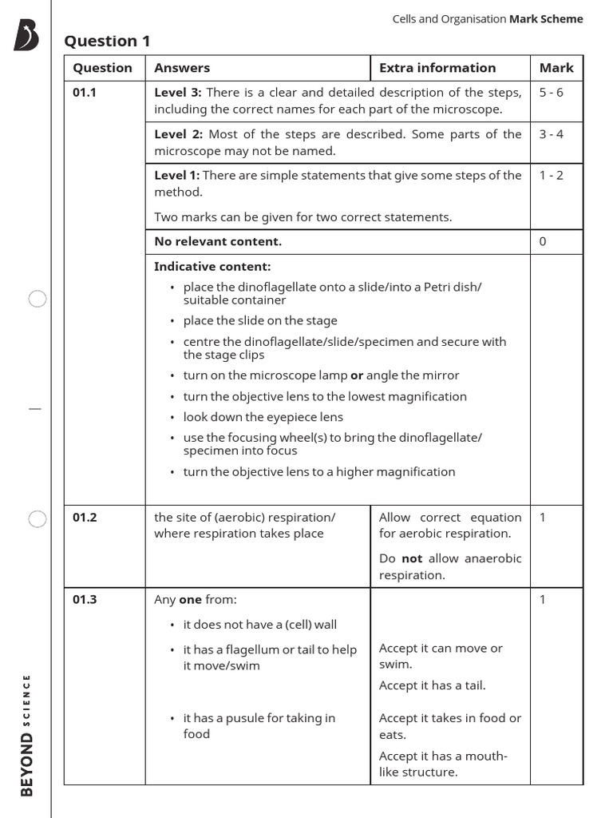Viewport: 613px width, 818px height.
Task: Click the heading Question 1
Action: pos(107,42)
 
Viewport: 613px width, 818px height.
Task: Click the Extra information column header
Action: pos(437,68)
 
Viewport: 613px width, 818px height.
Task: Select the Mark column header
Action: pos(556,68)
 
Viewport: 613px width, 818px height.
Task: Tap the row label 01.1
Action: pos(84,93)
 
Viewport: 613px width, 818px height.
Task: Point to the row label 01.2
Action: pos(84,518)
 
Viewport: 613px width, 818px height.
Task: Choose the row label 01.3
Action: pos(84,599)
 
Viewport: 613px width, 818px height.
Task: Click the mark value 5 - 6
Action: pos(551,93)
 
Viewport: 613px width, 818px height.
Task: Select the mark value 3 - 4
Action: pos(551,134)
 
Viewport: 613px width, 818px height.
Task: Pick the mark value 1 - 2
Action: pos(551,176)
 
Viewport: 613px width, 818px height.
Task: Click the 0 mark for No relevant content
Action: pos(543,242)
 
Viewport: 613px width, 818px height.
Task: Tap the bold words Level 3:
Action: pos(178,93)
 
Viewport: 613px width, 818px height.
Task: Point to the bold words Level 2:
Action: pos(178,134)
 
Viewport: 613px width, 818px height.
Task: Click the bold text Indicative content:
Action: pos(212,267)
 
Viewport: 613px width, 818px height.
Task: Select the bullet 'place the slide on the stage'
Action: pos(260,320)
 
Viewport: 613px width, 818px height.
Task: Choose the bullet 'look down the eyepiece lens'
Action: pos(263,416)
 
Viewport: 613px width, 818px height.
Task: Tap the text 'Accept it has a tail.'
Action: pos(432,685)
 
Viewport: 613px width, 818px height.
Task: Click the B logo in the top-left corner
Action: pos(26,37)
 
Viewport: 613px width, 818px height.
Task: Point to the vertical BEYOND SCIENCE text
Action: pos(27,735)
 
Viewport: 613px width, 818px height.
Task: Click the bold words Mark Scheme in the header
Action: pos(546,19)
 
